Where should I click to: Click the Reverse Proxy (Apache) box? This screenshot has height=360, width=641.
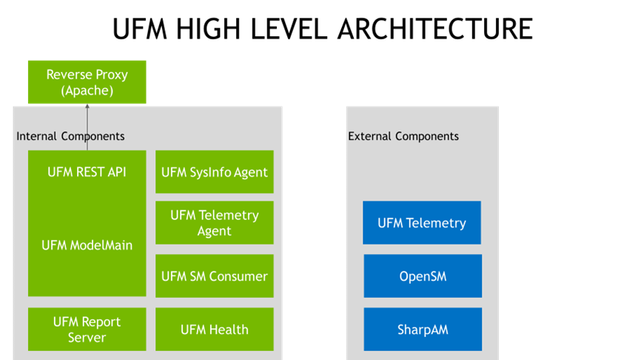[x=87, y=82]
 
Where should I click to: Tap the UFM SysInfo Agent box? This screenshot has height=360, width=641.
[x=215, y=172]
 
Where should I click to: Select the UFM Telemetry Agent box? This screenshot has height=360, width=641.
[x=215, y=223]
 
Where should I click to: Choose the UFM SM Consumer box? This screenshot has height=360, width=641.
[x=215, y=276]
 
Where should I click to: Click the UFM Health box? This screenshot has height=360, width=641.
[x=215, y=330]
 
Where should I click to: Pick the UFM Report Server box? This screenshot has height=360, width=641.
[x=87, y=330]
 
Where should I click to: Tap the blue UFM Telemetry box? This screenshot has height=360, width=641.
[x=422, y=223]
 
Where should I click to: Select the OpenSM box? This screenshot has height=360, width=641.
[x=423, y=276]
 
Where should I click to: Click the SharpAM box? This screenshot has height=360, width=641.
[x=423, y=330]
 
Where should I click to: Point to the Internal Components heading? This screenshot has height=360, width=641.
[x=70, y=136]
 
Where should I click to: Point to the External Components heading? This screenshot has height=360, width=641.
[x=403, y=136]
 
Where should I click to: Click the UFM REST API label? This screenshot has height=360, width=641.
[x=87, y=172]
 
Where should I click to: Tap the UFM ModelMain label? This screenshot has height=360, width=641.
[x=87, y=245]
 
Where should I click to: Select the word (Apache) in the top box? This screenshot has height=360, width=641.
[x=87, y=91]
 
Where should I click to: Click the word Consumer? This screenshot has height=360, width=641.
[x=238, y=276]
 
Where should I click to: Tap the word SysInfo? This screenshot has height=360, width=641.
[x=211, y=172]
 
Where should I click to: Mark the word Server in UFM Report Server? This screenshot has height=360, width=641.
[x=87, y=338]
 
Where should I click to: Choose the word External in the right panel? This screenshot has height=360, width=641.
[x=370, y=136]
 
